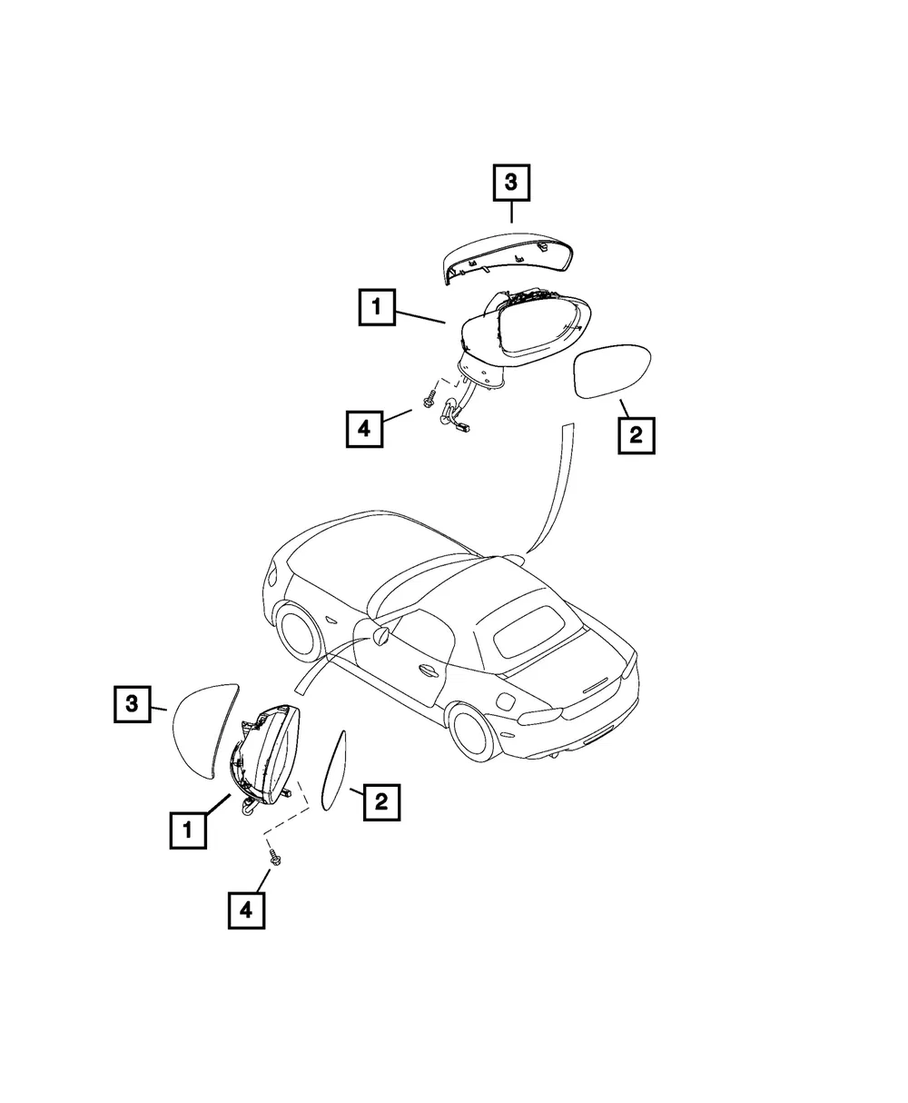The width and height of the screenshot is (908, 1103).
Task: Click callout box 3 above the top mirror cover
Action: coord(511,183)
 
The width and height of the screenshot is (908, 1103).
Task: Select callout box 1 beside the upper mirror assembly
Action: coord(377,307)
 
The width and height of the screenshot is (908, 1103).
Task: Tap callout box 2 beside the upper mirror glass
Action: coord(637,435)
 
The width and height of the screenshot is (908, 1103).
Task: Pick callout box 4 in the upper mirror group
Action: coord(364,429)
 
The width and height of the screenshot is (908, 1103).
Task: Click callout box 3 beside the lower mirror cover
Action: coord(132,704)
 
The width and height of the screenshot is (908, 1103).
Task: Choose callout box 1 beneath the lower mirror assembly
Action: coord(188,830)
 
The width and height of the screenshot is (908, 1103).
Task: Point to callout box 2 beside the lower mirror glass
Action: coord(381,802)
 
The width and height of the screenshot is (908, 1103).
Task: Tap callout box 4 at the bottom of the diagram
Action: coord(247,910)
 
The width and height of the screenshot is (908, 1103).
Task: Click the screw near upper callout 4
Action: coord(429,398)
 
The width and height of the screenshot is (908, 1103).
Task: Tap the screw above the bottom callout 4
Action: coord(274,858)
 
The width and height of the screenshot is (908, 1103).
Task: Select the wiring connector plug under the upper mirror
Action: coord(462,427)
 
